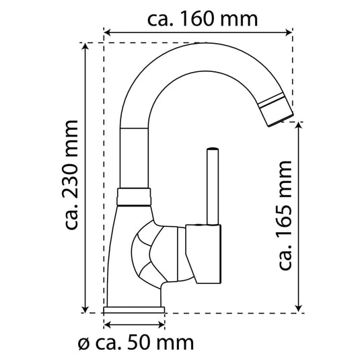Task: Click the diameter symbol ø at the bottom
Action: tap(84, 345)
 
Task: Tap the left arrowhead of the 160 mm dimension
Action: tap(108, 32)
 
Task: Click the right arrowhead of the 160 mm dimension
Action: tap(289, 32)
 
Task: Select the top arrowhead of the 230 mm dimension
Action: tap(85, 46)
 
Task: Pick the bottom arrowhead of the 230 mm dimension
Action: tap(85, 309)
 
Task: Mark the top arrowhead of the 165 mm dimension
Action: tap(298, 126)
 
